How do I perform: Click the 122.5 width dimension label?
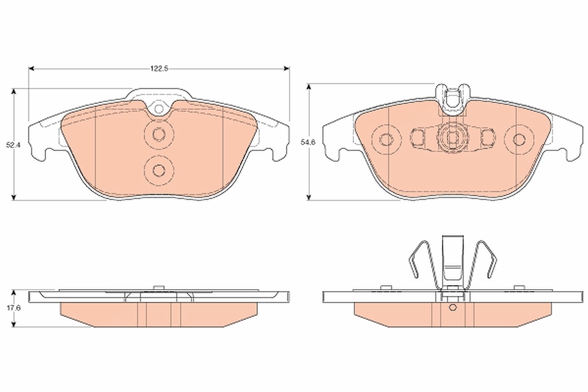pos(159,69)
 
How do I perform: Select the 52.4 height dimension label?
pos(13,145)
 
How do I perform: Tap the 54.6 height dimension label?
pos(308,142)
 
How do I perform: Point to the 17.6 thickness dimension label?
pos(13,308)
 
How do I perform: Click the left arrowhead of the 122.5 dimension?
pos(31,69)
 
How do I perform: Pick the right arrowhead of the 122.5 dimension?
pos(286,69)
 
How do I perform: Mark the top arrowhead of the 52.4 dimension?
pos(14,92)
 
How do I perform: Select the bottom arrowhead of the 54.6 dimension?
pos(310,197)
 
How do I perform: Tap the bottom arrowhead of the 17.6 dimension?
pos(14,324)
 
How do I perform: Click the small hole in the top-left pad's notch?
pos(159,108)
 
